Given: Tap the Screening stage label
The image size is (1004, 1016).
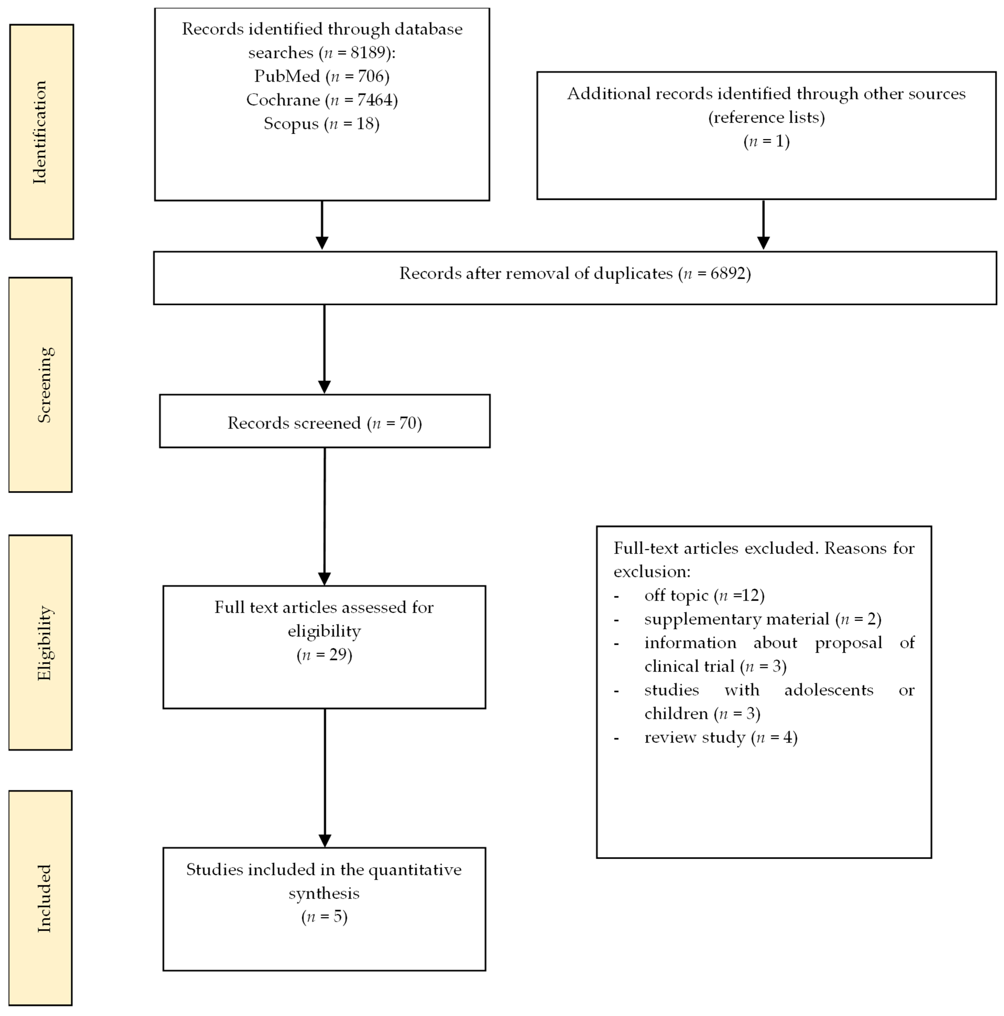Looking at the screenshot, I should (44, 385).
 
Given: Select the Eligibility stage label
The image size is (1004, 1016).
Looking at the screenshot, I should (44, 642).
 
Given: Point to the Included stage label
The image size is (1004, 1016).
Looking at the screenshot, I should (44, 898).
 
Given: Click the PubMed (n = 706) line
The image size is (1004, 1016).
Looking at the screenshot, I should (321, 76).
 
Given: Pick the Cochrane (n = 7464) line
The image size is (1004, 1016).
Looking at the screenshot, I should (321, 100).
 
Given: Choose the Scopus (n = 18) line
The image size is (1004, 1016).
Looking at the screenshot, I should (321, 124).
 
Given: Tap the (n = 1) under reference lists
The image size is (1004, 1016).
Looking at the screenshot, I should (766, 141).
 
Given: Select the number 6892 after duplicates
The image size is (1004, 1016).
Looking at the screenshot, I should (727, 273).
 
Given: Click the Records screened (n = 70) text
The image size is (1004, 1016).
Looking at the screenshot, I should (325, 423).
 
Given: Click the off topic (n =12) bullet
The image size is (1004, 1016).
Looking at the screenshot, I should (704, 595).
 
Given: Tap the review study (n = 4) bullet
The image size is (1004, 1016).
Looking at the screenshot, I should (721, 737).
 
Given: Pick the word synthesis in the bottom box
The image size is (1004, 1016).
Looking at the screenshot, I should (324, 893).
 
